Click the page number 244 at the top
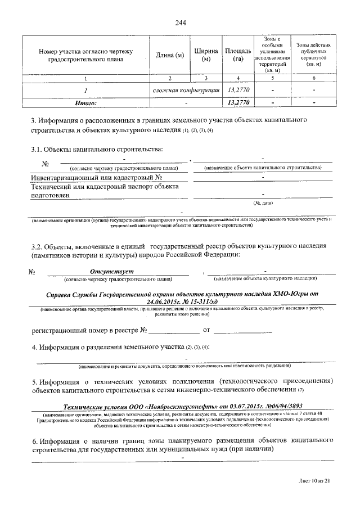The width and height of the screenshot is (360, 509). (x=180, y=23)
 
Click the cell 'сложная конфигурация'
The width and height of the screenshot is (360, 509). (x=186, y=90)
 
